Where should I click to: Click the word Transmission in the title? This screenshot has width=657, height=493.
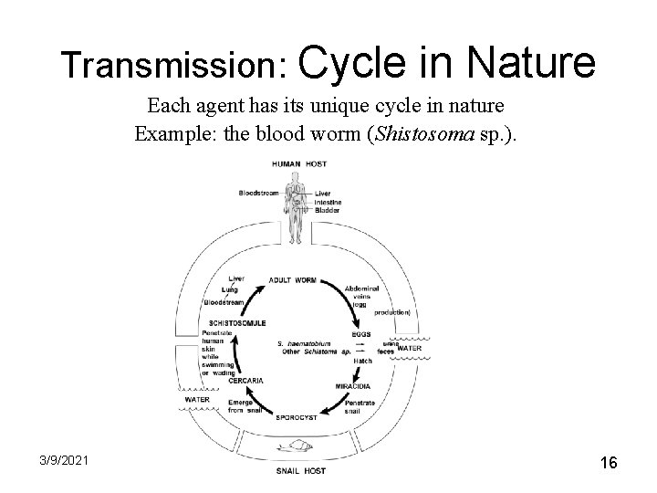(173, 65)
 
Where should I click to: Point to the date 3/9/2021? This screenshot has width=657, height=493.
(63, 462)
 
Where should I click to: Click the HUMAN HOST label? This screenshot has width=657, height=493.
(298, 163)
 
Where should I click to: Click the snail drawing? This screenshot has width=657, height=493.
(301, 448)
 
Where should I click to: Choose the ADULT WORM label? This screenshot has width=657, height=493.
(294, 279)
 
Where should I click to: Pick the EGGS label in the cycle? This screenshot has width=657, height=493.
(361, 334)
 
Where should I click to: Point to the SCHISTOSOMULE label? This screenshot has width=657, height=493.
(237, 322)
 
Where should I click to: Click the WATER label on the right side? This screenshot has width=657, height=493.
(410, 348)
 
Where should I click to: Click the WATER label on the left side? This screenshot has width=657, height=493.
(196, 399)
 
